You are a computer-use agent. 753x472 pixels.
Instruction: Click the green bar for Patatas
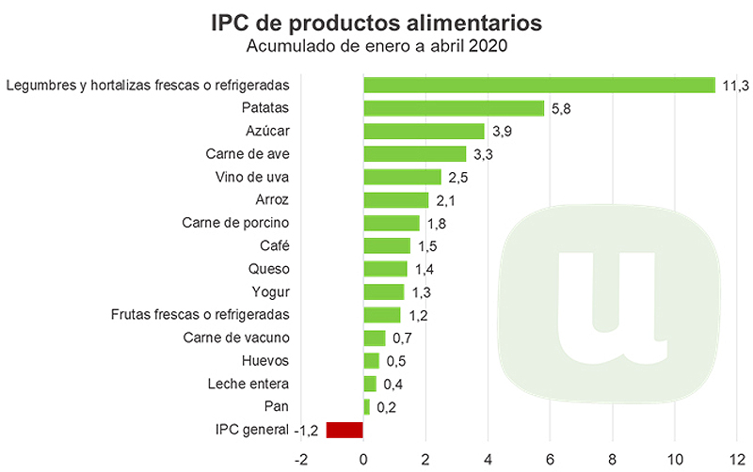click(454, 108)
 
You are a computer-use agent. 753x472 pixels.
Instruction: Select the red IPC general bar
click(344, 430)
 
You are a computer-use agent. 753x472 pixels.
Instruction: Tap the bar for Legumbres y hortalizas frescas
click(539, 86)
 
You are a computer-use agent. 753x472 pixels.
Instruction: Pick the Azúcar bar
click(424, 132)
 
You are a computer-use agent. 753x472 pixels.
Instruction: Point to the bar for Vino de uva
click(402, 177)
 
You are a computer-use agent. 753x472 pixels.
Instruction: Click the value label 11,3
click(734, 86)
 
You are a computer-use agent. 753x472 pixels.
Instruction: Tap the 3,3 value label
click(481, 154)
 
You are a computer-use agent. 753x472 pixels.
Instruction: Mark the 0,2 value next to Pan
click(386, 407)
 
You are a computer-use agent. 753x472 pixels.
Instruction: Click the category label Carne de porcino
click(235, 223)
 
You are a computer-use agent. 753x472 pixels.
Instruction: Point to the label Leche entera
click(248, 384)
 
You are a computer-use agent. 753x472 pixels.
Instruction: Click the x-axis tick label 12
click(737, 460)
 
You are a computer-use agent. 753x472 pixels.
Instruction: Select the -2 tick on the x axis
click(300, 460)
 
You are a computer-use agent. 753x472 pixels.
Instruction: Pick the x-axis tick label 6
click(551, 460)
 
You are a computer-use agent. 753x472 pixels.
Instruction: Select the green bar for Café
click(387, 246)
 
